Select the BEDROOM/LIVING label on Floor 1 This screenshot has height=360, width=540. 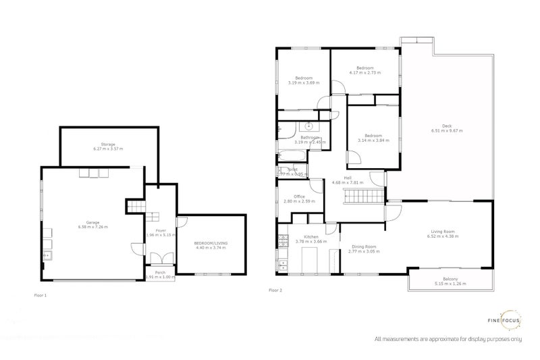coord(210,245)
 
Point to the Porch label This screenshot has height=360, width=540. coord(160,274)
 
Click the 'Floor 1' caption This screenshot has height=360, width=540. coord(40,295)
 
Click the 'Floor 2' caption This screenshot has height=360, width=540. coord(275,290)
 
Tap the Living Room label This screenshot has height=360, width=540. coord(443,234)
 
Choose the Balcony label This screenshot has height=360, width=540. coord(451,281)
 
